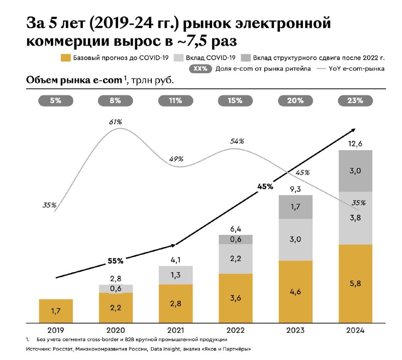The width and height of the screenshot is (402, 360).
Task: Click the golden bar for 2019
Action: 56,311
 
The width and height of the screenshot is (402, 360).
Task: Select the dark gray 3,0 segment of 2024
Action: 355,171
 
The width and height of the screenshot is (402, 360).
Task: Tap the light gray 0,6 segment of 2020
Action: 116,289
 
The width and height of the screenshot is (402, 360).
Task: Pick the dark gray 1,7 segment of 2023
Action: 295,207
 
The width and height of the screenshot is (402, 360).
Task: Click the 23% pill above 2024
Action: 355,100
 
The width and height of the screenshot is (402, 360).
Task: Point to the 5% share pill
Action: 56,100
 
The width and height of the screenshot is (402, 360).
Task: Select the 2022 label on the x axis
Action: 236,330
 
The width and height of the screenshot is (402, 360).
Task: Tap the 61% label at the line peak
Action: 116,122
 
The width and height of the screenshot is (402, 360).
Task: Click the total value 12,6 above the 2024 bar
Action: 355,144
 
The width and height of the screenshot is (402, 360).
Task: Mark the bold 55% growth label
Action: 116,261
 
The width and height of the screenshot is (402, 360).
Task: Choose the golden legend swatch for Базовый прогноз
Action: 66,58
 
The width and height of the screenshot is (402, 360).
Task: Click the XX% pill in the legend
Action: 200,69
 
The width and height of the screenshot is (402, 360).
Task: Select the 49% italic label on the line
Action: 176,159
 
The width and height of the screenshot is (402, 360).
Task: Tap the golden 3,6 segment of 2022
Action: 236,298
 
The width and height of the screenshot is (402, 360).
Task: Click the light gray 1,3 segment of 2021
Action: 175,275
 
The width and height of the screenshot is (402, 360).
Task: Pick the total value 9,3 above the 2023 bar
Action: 295,189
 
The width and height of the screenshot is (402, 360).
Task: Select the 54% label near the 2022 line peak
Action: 237,141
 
